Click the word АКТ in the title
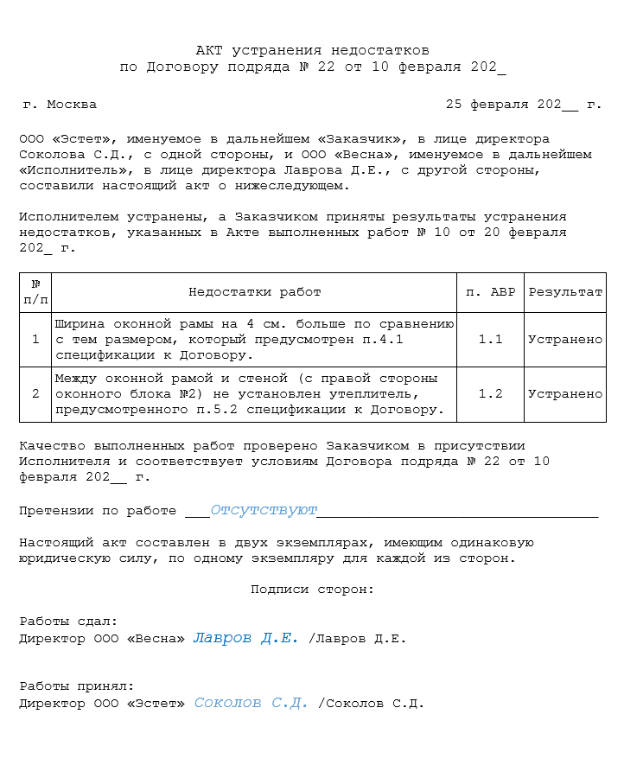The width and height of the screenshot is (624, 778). pyautogui.click(x=210, y=51)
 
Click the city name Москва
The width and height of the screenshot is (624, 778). pyautogui.click(x=72, y=105)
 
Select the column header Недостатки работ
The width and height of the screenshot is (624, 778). pyautogui.click(x=254, y=292)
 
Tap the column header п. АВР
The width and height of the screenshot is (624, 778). pyautogui.click(x=490, y=292)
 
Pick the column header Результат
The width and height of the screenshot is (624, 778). pyautogui.click(x=565, y=292)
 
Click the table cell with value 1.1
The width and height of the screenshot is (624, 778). pyautogui.click(x=490, y=340)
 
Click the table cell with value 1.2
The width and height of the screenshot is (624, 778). pyautogui.click(x=490, y=394)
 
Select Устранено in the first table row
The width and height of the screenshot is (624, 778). pyautogui.click(x=565, y=340)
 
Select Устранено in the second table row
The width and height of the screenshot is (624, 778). pyautogui.click(x=565, y=394)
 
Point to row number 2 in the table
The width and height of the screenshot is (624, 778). pyautogui.click(x=35, y=394)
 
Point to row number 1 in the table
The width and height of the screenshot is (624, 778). pyautogui.click(x=35, y=340)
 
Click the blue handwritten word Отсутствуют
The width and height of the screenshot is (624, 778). pyautogui.click(x=264, y=510)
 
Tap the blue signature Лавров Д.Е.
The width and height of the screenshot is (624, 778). pyautogui.click(x=245, y=638)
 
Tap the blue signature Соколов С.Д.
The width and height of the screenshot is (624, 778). pyautogui.click(x=251, y=703)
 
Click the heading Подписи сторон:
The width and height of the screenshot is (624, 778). pyautogui.click(x=312, y=590)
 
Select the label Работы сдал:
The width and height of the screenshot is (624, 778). pyautogui.click(x=68, y=622)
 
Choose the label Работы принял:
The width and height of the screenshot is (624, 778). pyautogui.click(x=76, y=686)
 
